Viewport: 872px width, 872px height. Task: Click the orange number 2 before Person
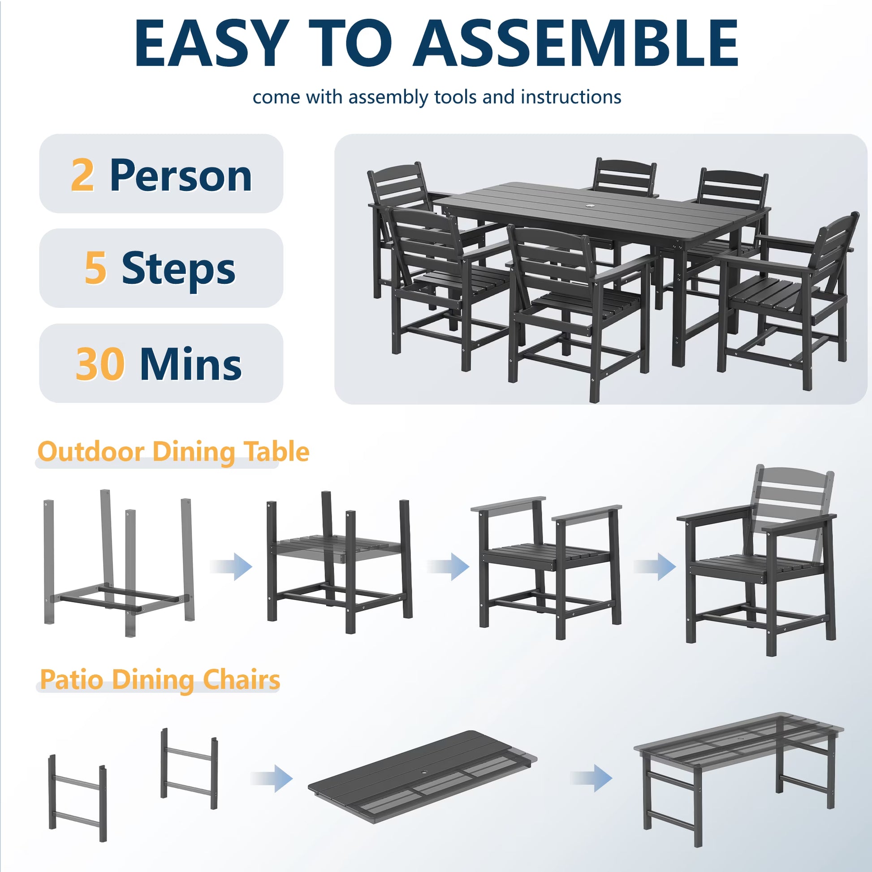(x=82, y=175)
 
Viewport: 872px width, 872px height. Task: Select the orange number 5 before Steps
(x=96, y=268)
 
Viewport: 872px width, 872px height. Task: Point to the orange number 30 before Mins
(x=100, y=363)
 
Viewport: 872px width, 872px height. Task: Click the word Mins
(x=190, y=363)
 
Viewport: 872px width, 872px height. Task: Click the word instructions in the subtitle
(x=570, y=97)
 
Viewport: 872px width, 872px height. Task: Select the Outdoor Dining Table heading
(x=173, y=451)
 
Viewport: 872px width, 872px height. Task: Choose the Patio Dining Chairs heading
(x=160, y=679)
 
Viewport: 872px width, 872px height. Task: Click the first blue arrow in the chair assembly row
(x=231, y=566)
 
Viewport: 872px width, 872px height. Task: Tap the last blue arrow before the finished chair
(x=655, y=566)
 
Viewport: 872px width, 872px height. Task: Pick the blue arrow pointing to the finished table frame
(x=591, y=777)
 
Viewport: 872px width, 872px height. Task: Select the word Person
(x=181, y=176)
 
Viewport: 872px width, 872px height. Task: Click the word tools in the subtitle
(x=455, y=97)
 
